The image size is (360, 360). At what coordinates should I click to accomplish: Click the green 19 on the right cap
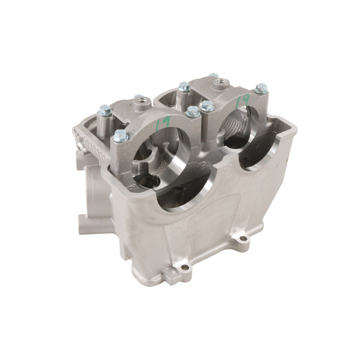tap(242, 99)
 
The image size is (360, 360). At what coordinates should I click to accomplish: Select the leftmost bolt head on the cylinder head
tap(105, 110)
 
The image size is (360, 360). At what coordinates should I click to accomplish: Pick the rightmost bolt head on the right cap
tap(261, 88)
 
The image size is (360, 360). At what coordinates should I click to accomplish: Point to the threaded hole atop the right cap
tap(220, 82)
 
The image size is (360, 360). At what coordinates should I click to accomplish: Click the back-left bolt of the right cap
tap(184, 86)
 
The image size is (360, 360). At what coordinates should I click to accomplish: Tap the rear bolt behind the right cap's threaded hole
tap(213, 76)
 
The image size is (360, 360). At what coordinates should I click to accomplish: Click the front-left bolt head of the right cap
tap(207, 106)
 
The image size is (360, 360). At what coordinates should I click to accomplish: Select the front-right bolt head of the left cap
tap(193, 111)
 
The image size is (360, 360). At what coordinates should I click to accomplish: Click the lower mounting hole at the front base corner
tap(185, 267)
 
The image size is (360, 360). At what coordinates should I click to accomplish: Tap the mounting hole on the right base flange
tap(243, 238)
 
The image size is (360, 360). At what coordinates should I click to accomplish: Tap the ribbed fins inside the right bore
tap(239, 123)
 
